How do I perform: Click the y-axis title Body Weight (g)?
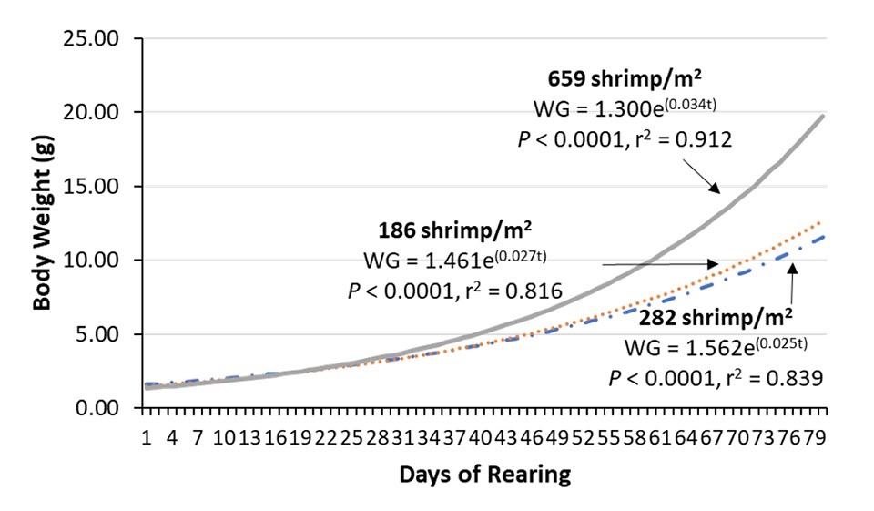pyautogui.click(x=43, y=224)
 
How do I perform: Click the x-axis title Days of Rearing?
pyautogui.click(x=487, y=475)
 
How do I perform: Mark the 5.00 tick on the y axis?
pyautogui.click(x=107, y=334)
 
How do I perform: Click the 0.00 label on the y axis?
pyautogui.click(x=107, y=408)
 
